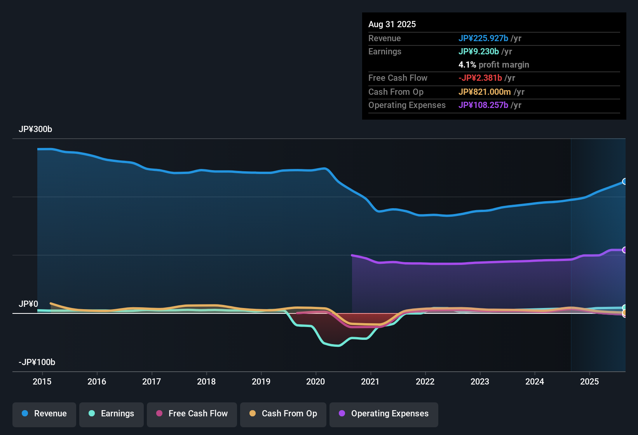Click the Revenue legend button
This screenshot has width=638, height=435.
44,414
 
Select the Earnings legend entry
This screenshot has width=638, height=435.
112,414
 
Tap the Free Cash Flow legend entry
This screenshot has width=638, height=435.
192,414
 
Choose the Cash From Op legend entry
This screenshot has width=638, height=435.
283,414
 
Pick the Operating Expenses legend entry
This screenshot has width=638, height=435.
384,414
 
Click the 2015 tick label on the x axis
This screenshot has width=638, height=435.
42,381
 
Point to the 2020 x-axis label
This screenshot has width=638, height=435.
316,381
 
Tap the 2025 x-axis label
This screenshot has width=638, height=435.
589,381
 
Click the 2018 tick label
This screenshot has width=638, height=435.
206,381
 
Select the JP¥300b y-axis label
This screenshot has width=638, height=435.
35,129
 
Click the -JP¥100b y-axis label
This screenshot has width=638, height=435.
37,362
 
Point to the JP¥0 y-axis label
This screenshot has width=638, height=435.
28,304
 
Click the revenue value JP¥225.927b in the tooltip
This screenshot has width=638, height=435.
483,38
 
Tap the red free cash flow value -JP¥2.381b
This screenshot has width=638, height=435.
480,78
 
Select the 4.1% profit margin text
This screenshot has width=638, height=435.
493,65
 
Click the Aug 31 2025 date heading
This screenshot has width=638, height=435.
392,24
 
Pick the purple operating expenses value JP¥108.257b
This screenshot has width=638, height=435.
483,105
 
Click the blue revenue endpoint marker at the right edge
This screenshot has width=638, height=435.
624,181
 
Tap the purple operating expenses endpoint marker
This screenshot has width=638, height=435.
624,250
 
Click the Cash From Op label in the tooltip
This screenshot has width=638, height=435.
396,92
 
